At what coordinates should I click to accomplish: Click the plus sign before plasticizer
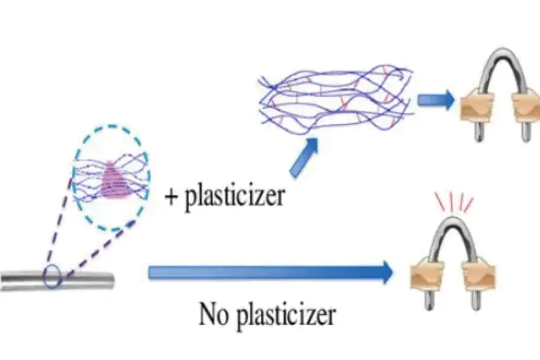(172, 194)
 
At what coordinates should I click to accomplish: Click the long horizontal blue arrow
(270, 271)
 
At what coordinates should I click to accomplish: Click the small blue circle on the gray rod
(52, 276)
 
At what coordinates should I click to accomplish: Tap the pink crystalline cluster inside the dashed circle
(114, 177)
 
